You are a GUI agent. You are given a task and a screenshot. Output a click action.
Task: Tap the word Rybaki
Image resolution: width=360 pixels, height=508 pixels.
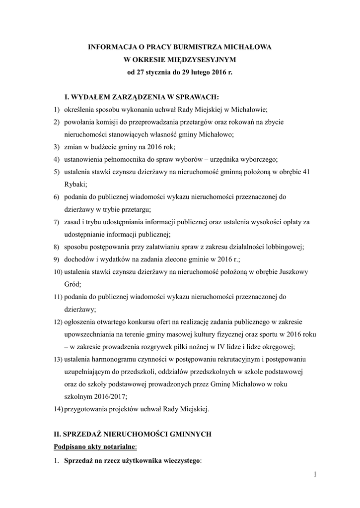coord(74,184)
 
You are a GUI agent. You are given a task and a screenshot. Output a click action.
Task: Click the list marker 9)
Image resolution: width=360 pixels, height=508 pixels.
coord(57,259)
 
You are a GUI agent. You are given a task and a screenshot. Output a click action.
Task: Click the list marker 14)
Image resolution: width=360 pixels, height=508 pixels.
coord(58,409)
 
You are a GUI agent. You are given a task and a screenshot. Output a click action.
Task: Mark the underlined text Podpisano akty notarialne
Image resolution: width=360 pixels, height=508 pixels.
coord(91,447)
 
